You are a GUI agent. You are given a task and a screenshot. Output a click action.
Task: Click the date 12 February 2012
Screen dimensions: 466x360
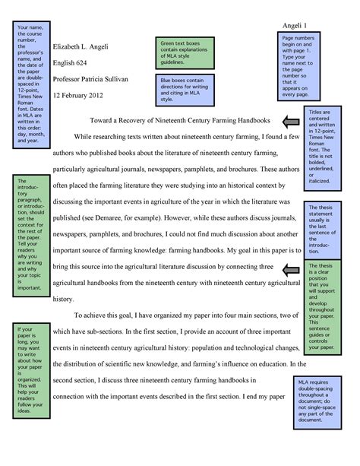coord(81,96)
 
